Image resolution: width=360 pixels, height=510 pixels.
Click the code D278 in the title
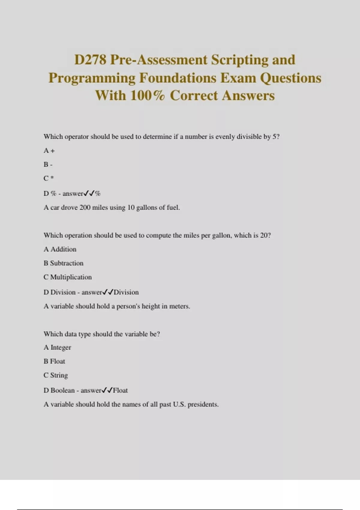coord(90,60)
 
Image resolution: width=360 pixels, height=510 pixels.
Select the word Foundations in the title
coord(178,78)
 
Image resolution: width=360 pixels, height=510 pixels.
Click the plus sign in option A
coord(52,151)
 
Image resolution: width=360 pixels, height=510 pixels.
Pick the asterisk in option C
coord(52,178)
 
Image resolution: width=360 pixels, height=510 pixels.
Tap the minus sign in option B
coord(51,165)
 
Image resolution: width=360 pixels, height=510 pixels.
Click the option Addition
coord(63,249)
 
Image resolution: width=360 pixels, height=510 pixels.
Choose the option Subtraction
coord(67,263)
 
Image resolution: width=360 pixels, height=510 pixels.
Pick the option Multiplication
coord(71,277)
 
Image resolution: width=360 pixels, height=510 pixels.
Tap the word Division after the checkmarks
coord(126,292)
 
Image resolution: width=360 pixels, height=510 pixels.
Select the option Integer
coord(61,348)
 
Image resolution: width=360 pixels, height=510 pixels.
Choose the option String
coord(59,375)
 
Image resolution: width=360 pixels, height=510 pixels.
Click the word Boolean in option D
coord(63,390)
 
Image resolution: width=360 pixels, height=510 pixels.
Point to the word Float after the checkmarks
coord(120,390)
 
